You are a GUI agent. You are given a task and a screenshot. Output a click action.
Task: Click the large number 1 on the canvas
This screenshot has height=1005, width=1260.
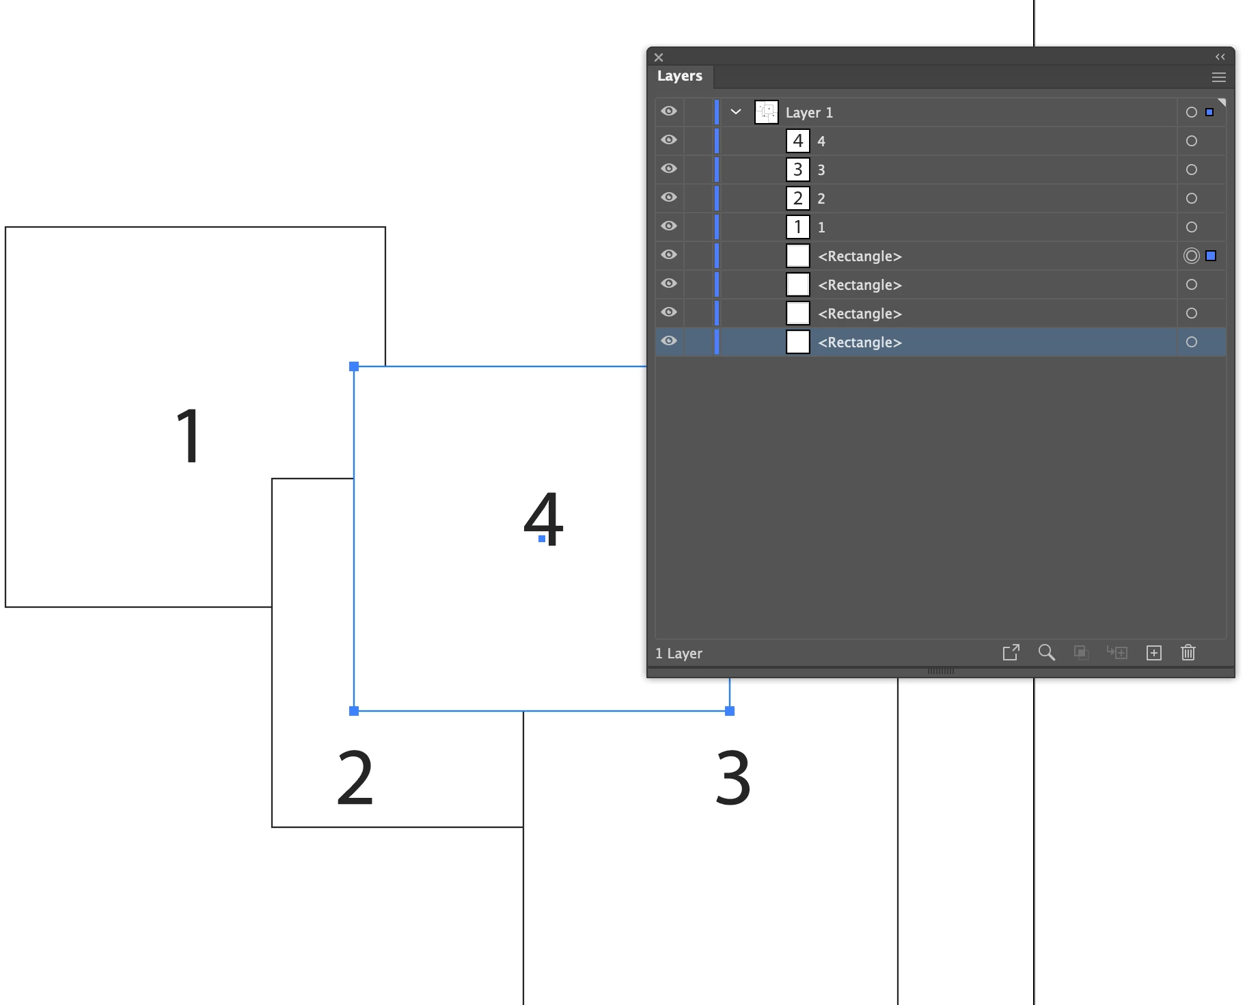click(x=189, y=436)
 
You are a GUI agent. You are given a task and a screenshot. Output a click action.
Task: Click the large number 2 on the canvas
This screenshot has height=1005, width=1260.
click(x=355, y=777)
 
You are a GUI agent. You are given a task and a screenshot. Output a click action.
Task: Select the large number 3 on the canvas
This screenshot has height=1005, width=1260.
click(x=732, y=777)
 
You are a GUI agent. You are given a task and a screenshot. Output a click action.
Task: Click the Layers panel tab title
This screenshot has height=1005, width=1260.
click(x=679, y=76)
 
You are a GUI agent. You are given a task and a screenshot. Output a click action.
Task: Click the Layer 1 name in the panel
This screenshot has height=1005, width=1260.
click(x=809, y=113)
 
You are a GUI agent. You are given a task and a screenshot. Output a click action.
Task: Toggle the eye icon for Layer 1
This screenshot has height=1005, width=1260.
click(x=669, y=111)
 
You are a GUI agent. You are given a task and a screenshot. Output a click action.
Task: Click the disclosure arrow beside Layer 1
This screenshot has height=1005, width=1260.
click(x=736, y=111)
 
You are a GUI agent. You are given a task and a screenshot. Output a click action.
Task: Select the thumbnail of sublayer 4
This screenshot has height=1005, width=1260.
click(x=797, y=141)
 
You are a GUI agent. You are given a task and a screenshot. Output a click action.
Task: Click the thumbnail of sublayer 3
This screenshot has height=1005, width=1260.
click(x=797, y=170)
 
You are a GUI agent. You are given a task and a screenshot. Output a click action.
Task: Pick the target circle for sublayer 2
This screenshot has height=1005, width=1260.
click(x=1191, y=198)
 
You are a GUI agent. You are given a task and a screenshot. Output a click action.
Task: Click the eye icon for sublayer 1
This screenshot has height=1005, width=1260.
click(x=669, y=226)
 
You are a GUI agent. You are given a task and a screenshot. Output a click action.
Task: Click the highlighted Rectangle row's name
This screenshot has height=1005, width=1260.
click(x=860, y=343)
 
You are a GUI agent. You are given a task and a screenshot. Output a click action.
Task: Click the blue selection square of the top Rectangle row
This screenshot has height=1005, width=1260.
click(x=1211, y=256)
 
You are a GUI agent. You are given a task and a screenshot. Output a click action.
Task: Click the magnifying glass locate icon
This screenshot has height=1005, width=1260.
click(x=1046, y=653)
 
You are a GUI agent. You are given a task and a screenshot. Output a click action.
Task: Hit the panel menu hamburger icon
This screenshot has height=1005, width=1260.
click(x=1218, y=77)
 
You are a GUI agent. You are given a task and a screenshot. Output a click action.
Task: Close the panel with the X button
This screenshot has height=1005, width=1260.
click(x=659, y=57)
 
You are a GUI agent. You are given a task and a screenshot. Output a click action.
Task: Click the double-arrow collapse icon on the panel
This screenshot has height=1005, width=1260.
click(x=1220, y=57)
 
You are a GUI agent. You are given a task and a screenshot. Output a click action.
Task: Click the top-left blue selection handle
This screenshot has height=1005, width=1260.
click(x=354, y=366)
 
